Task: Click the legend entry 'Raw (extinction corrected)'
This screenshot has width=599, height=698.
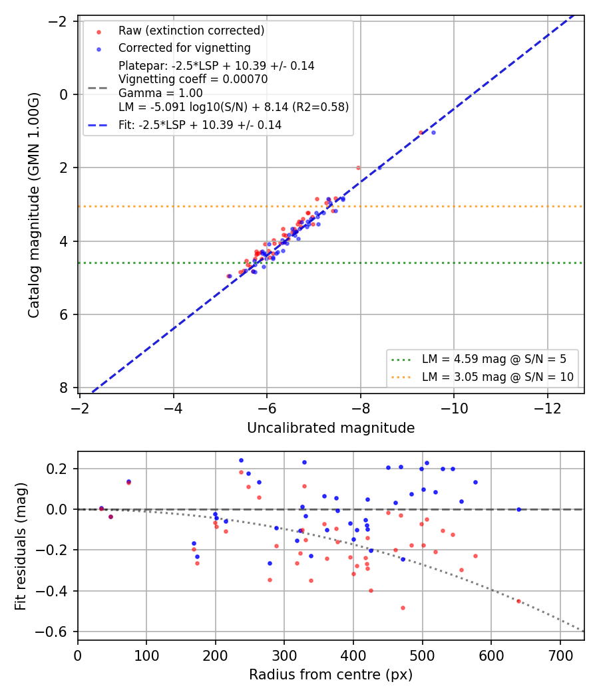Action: pos(191,31)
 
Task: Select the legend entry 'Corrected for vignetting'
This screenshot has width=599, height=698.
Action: pos(184,48)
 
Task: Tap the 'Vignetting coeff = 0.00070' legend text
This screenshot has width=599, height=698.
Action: pos(193,80)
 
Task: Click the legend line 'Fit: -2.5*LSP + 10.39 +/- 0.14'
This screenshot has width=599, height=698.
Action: pos(200,125)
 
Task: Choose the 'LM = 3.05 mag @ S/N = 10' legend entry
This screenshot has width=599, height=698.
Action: pos(497,377)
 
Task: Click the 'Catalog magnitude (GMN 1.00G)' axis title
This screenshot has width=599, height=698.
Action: pos(34,205)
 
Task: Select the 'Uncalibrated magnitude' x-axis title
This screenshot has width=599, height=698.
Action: pos(331,428)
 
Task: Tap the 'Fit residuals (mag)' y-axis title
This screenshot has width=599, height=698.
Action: pos(21,546)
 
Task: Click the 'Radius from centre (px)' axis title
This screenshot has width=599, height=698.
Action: pos(331,675)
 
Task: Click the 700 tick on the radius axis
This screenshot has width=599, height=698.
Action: pos(560,655)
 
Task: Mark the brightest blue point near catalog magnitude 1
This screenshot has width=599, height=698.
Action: pos(434,133)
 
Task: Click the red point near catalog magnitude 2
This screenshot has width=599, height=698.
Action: pos(358,168)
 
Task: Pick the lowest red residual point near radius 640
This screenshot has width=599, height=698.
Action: pos(518,601)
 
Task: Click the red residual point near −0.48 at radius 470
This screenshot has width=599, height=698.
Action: pos(403,608)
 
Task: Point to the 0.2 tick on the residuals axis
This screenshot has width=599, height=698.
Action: pos(59,469)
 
